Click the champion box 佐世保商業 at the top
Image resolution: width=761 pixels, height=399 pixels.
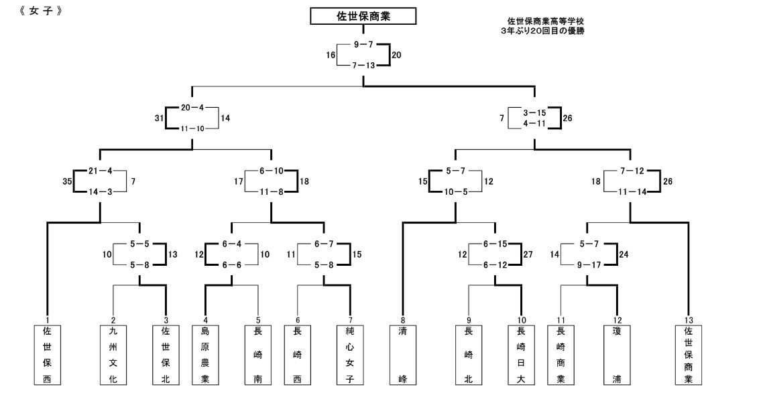(363, 17)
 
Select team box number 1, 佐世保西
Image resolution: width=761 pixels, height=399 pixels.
(47, 355)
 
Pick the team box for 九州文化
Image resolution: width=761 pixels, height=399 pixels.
(113, 355)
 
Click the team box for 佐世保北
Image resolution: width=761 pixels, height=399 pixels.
(166, 355)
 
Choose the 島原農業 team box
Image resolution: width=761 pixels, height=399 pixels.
(205, 355)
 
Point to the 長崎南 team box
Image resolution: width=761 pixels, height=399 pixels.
(258, 355)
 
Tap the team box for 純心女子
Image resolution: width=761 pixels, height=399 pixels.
(350, 355)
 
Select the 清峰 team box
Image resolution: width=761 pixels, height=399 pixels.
(402, 355)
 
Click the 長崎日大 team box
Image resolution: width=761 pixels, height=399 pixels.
(521, 355)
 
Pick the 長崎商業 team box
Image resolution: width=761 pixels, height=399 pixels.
(561, 355)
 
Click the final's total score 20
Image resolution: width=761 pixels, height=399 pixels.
(397, 56)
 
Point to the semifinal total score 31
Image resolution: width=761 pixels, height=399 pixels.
(160, 118)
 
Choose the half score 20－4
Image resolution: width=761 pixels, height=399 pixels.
(191, 107)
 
